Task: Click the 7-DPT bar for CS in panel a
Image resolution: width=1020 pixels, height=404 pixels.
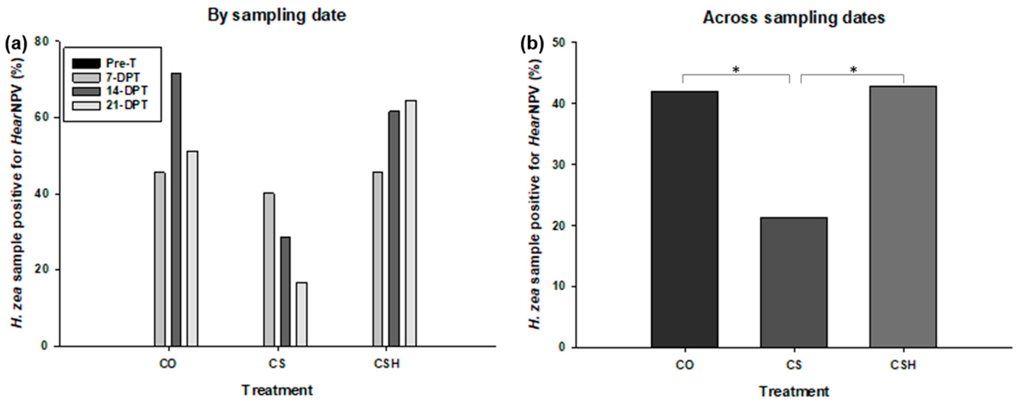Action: tap(269, 270)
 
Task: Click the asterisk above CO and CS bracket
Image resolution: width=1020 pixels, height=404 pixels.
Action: tap(736, 70)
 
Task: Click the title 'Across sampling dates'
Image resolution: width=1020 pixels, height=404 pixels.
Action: tap(794, 17)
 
